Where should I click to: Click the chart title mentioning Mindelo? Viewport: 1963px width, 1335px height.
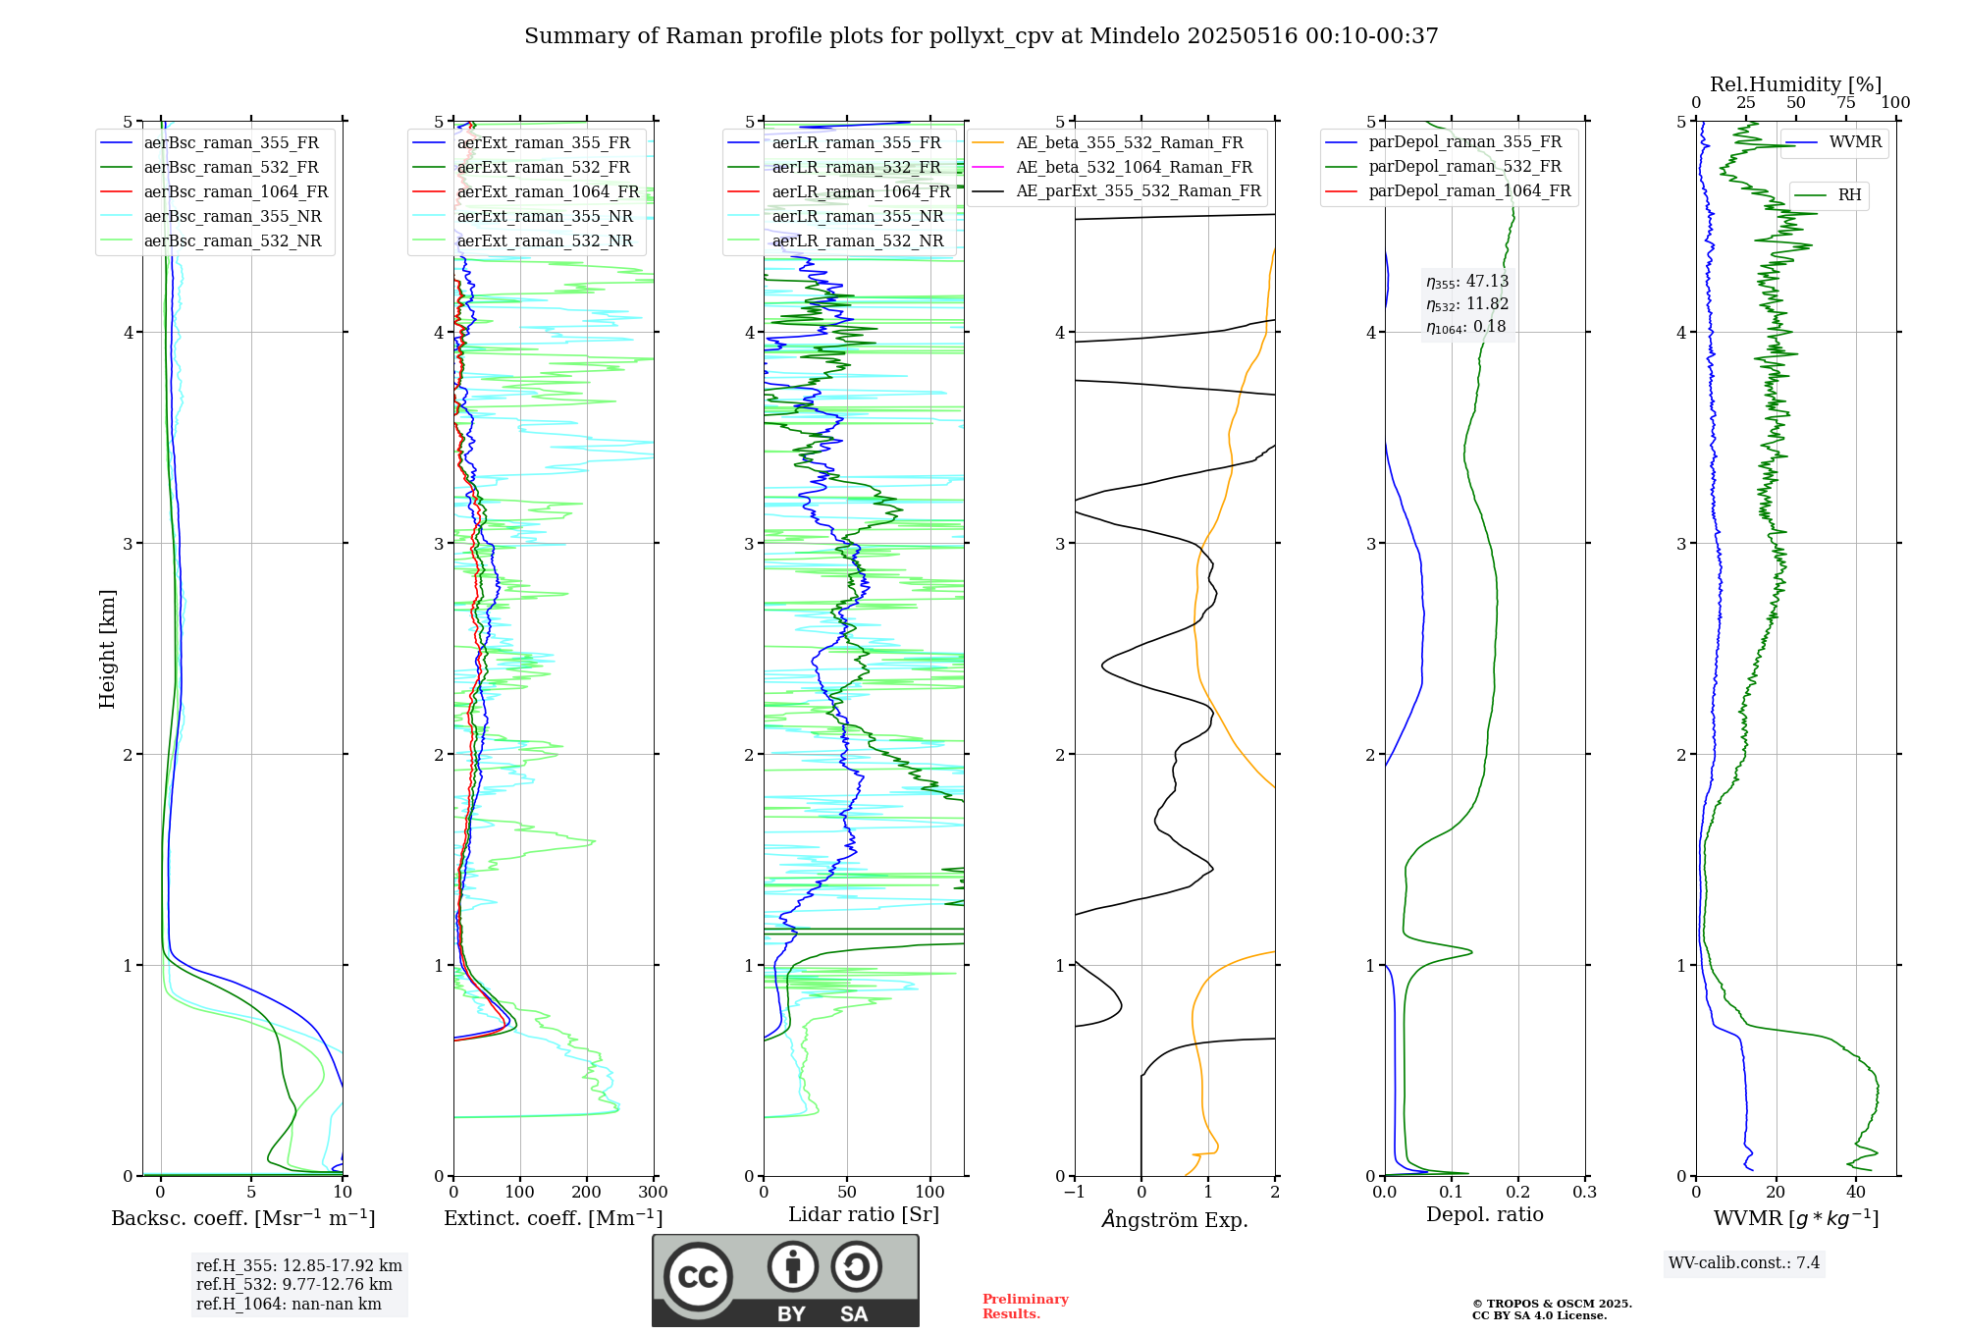click(981, 36)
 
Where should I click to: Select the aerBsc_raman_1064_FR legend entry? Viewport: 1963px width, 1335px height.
click(236, 192)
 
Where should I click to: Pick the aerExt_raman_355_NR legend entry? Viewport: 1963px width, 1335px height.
click(545, 217)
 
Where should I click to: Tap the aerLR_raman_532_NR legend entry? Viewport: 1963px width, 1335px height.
click(857, 241)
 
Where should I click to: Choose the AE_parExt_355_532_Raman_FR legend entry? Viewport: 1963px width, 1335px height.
click(1138, 191)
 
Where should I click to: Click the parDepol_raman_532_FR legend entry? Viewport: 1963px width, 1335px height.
click(1464, 167)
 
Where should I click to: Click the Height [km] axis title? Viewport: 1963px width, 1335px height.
click(107, 649)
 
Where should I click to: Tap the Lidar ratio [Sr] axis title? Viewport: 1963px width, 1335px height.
click(863, 1214)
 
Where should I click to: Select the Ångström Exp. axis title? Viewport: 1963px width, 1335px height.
click(1174, 1220)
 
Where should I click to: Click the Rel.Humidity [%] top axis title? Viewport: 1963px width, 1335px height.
click(1795, 84)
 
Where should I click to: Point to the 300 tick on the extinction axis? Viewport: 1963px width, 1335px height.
click(653, 1193)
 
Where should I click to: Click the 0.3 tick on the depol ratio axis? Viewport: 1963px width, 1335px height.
click(1584, 1193)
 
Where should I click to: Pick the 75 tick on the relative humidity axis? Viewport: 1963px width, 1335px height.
click(1845, 103)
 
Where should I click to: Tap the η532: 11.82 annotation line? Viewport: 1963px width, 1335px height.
click(1467, 304)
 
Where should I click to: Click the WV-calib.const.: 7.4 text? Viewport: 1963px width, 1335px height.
click(1743, 1262)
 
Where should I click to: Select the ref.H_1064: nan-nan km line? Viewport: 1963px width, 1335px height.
click(289, 1305)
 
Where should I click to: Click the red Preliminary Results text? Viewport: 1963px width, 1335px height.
click(1025, 1307)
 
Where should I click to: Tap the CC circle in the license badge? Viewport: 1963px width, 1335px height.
click(698, 1277)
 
